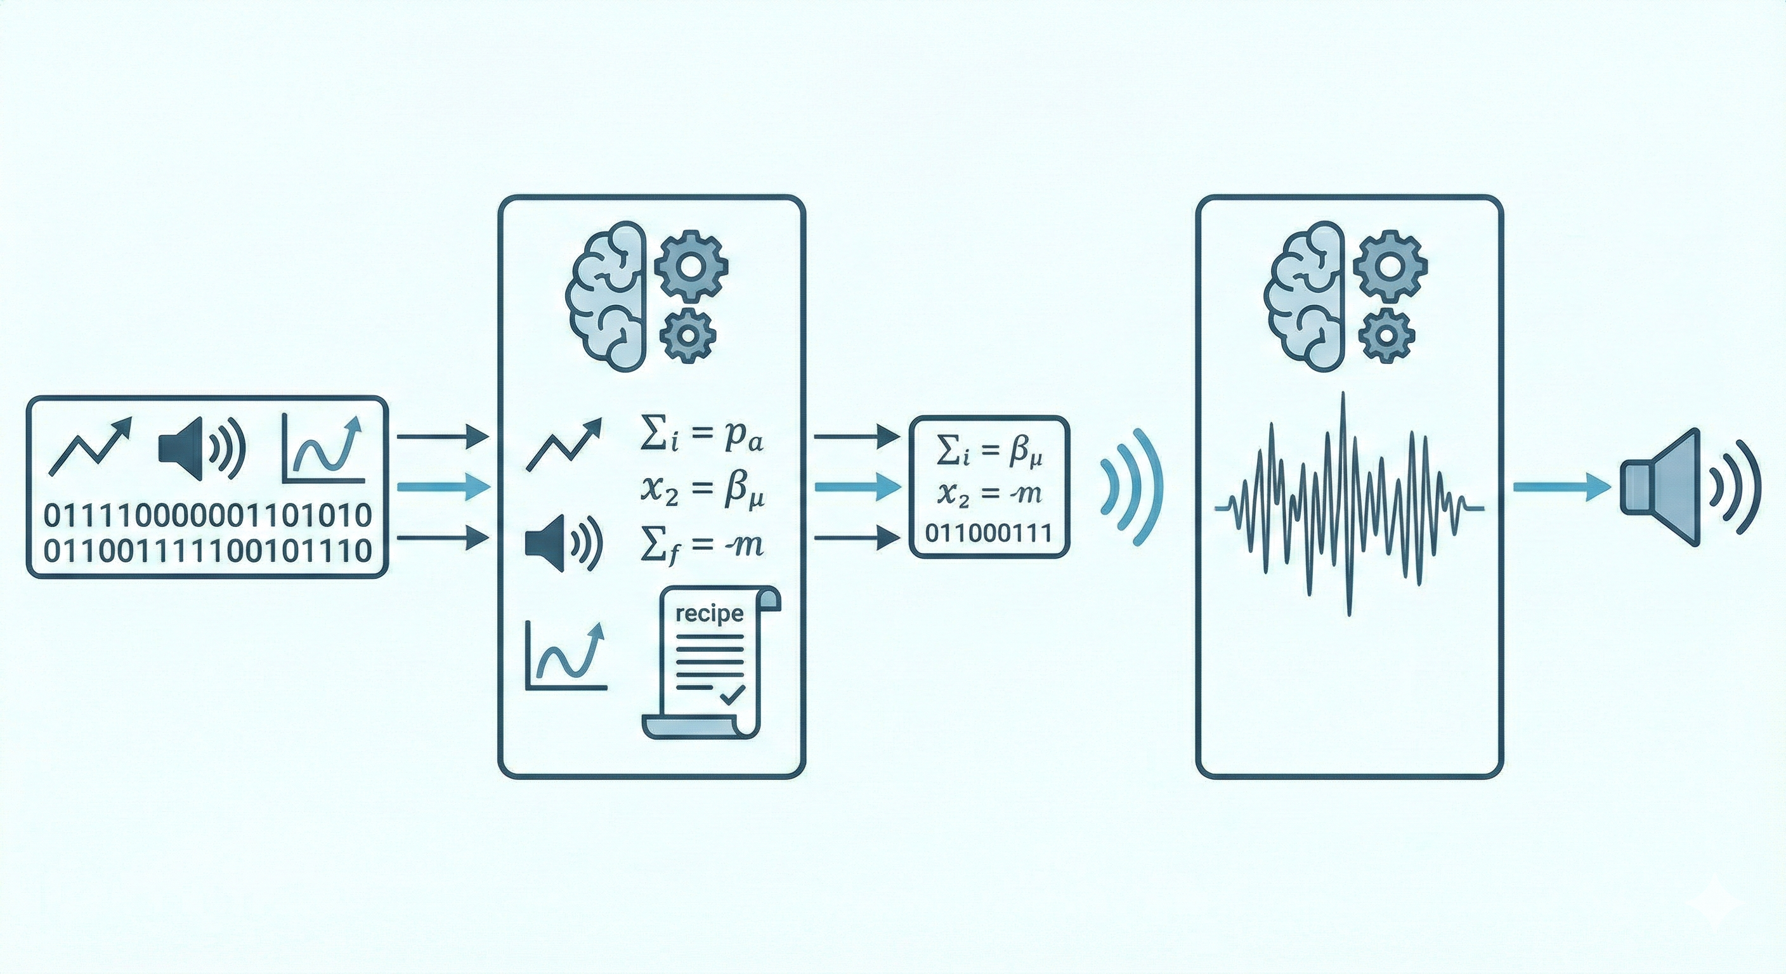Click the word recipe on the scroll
click(708, 614)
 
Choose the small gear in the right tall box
click(1386, 335)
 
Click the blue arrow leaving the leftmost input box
click(444, 486)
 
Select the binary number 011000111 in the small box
click(989, 533)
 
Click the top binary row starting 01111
click(207, 516)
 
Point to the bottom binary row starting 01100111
click(207, 552)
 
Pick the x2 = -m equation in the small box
click(989, 493)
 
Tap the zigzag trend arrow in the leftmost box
click(90, 447)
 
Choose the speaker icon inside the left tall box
click(561, 545)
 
